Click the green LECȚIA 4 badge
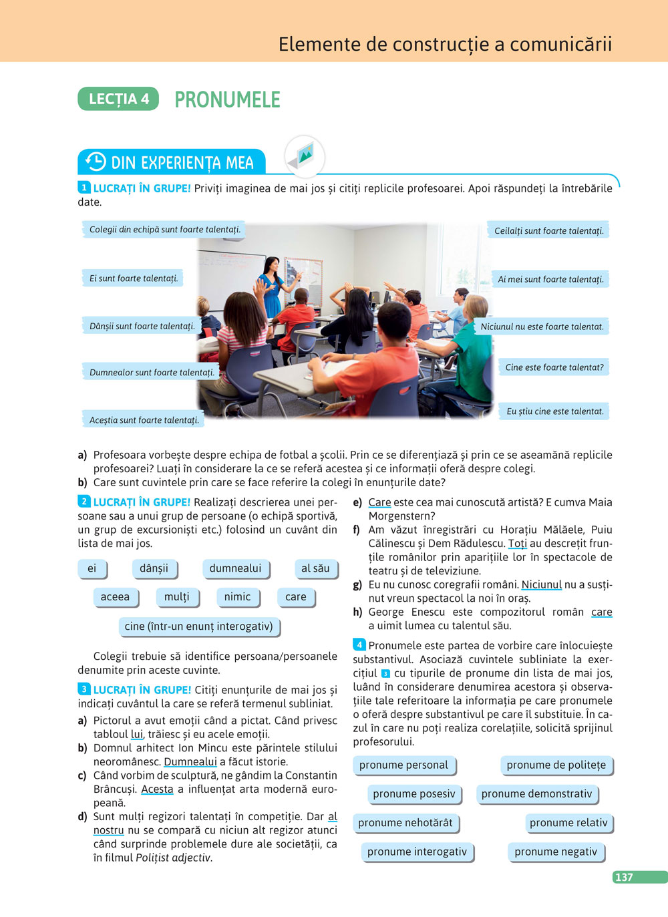118,99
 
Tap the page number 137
624,877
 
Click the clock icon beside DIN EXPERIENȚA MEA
96,162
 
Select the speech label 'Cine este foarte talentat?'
554,367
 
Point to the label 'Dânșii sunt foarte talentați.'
142,327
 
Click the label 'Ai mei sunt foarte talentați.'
550,279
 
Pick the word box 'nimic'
237,597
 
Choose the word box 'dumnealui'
235,568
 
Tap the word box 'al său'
315,568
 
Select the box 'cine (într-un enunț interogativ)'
198,626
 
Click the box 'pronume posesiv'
413,794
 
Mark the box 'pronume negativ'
556,852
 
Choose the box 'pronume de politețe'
556,765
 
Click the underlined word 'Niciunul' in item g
541,585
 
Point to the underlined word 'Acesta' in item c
157,789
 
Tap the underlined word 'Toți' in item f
517,544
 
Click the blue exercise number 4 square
359,645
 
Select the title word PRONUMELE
227,100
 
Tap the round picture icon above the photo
305,156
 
